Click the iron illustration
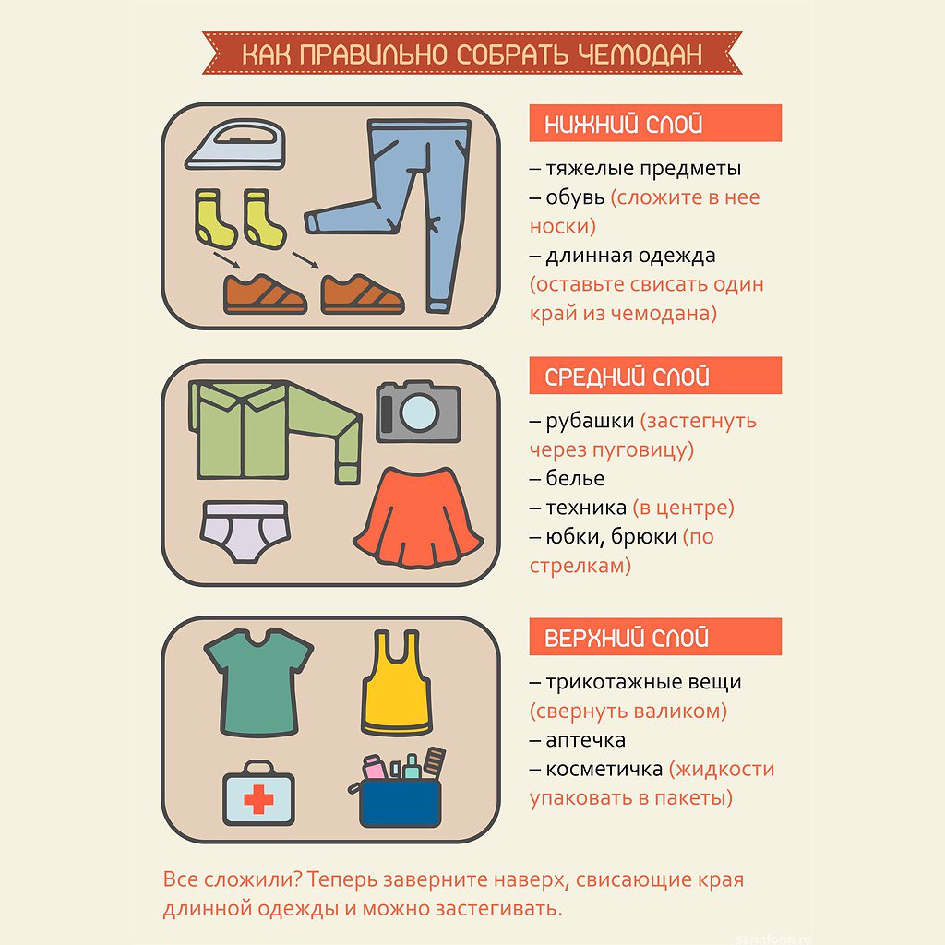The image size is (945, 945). click(235, 145)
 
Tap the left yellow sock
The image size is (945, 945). click(214, 219)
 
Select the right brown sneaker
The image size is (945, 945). click(362, 294)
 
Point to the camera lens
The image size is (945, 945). click(419, 413)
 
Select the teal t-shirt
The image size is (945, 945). click(258, 683)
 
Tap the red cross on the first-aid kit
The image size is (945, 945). click(258, 799)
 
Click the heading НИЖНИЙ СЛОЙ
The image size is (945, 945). click(623, 124)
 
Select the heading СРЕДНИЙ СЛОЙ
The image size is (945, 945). click(627, 377)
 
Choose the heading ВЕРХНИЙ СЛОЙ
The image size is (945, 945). click(627, 638)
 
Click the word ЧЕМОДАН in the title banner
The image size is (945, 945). click(640, 54)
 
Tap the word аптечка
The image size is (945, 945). click(585, 739)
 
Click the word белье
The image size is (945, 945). click(575, 478)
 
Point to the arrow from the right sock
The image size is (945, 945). click(305, 259)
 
